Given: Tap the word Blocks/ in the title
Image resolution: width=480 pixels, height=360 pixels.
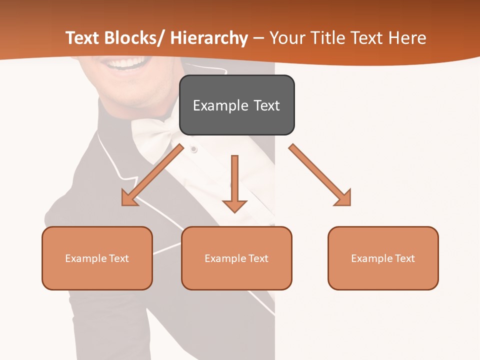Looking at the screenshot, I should pyautogui.click(x=134, y=38).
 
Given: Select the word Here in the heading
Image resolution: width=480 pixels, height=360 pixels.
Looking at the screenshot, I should pyautogui.click(x=407, y=38).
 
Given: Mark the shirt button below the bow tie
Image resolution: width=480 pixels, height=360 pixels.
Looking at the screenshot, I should pyautogui.click(x=193, y=149).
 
